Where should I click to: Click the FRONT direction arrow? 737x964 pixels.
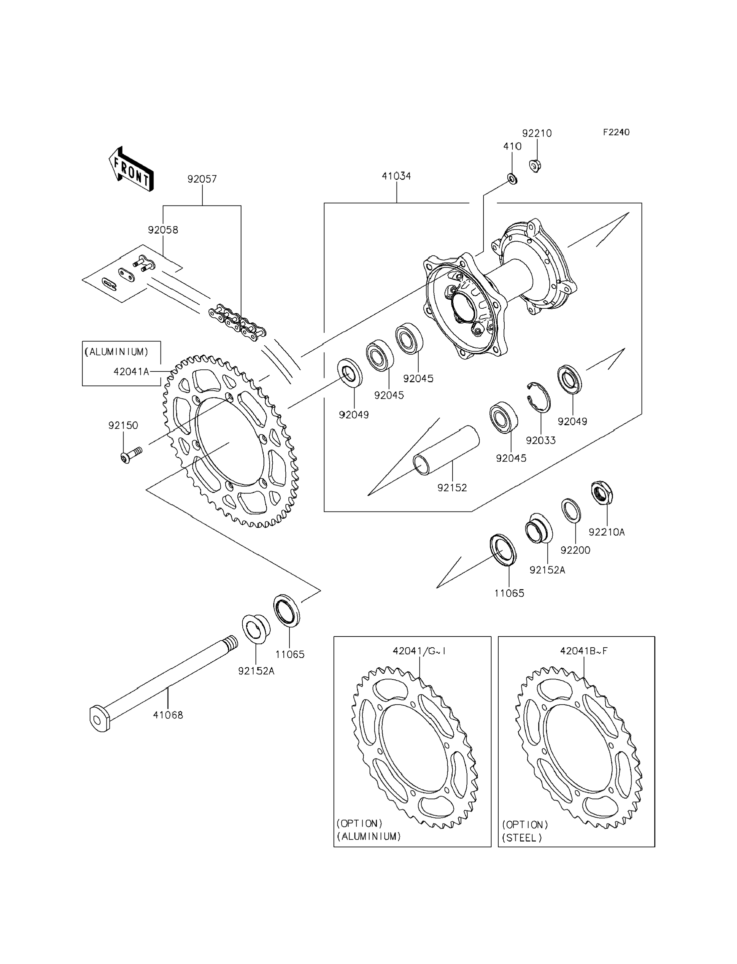click(131, 169)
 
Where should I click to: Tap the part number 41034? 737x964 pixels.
click(396, 176)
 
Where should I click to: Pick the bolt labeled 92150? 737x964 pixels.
click(130, 455)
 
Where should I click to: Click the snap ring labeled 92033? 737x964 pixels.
click(539, 397)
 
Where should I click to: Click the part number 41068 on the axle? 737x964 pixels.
click(168, 715)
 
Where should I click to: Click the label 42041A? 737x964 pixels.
click(132, 371)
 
